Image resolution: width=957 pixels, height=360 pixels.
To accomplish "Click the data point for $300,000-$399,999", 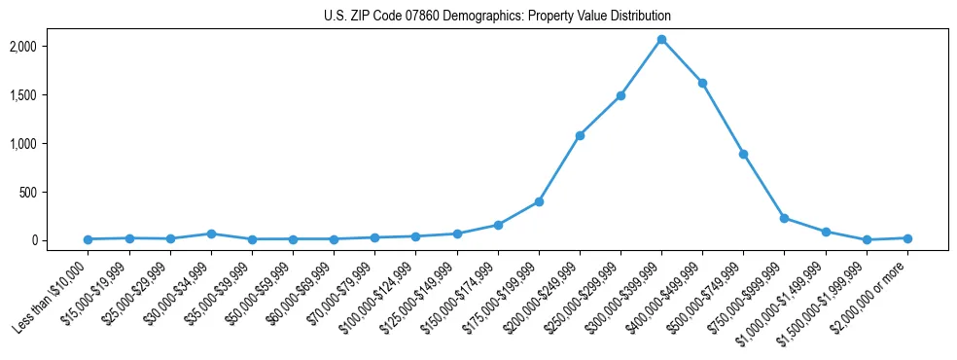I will (661, 40).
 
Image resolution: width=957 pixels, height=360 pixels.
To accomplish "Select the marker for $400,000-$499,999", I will (702, 83).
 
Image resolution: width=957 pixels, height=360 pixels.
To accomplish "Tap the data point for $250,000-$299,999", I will (620, 96).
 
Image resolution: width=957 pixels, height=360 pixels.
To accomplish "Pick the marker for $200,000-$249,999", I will (580, 135).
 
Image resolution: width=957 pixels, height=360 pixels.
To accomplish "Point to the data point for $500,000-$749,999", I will (743, 154).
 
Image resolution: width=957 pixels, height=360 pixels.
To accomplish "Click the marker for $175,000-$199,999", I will (539, 201).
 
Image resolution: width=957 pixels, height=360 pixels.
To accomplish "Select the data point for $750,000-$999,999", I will (784, 218).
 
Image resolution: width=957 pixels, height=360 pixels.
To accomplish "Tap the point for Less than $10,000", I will (89, 239).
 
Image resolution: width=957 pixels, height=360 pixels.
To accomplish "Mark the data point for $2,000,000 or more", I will (907, 238).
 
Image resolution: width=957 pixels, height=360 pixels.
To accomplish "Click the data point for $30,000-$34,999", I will (211, 234).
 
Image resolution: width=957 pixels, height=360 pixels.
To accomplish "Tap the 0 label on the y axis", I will (61, 240).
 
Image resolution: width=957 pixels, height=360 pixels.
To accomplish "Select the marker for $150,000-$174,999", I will (498, 225).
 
